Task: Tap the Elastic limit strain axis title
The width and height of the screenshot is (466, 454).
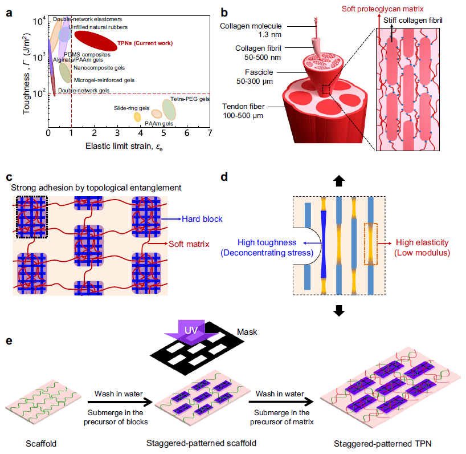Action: tap(129, 146)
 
